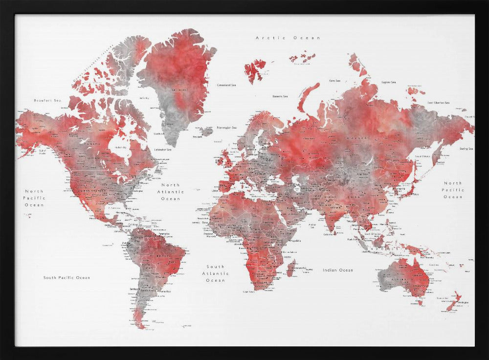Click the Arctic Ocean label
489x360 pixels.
(x=288, y=38)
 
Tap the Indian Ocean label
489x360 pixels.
(x=337, y=270)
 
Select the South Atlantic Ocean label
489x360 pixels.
(x=216, y=273)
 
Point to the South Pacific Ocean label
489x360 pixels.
(x=67, y=278)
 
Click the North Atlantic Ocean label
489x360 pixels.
(x=171, y=192)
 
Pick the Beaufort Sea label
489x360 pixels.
(x=47, y=100)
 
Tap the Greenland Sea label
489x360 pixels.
(x=226, y=85)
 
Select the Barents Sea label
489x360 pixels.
(x=280, y=96)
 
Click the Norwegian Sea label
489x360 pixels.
(x=227, y=128)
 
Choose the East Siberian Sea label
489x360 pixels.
(x=438, y=103)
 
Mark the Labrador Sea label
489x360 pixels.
(x=163, y=150)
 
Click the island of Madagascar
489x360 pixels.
(x=292, y=268)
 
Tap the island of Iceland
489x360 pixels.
(x=207, y=132)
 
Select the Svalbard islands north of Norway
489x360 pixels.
(x=255, y=70)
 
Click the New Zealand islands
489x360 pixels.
(x=454, y=301)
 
